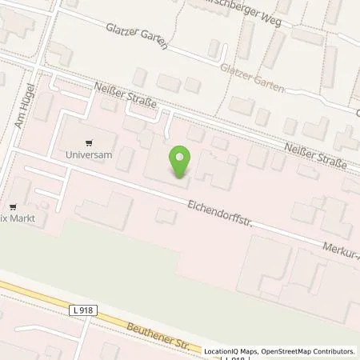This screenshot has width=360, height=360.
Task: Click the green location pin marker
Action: (180, 162)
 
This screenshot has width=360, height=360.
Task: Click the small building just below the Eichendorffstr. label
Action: (166, 216)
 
